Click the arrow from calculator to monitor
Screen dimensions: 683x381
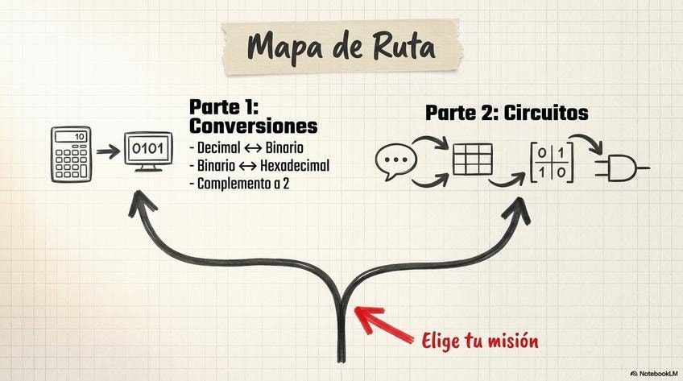(x=107, y=151)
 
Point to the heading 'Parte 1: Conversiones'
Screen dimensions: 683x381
(x=253, y=117)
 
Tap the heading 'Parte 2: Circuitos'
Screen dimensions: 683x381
(x=507, y=114)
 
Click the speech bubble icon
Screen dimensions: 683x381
(x=395, y=161)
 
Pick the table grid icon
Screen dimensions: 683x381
(x=472, y=159)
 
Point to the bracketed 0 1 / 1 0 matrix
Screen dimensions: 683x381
(x=552, y=162)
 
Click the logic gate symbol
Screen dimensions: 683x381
(x=619, y=168)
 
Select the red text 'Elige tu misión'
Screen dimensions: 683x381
(x=480, y=340)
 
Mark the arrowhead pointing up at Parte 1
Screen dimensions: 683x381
(x=141, y=205)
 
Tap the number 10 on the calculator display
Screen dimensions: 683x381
(x=79, y=137)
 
